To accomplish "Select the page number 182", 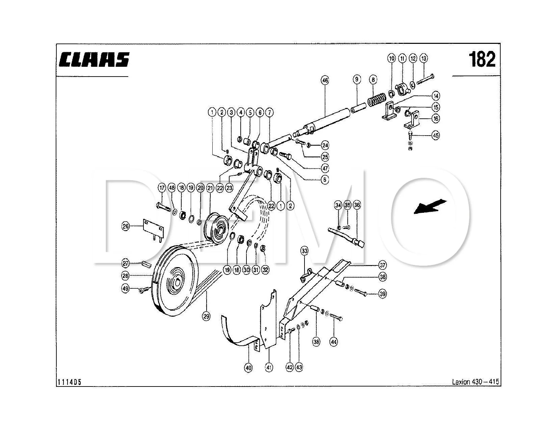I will (x=482, y=59).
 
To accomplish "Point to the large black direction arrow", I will (x=430, y=206).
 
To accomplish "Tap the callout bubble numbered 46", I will (x=325, y=81).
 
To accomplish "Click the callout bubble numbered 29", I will (x=206, y=316).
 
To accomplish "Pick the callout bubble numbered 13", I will (x=424, y=58).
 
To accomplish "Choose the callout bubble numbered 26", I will (x=126, y=226).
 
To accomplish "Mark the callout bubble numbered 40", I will (x=248, y=368).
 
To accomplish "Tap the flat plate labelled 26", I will (x=153, y=229).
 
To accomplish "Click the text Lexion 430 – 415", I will (x=475, y=382).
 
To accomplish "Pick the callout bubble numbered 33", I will (x=305, y=251).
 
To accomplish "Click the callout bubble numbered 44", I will (x=334, y=342).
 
